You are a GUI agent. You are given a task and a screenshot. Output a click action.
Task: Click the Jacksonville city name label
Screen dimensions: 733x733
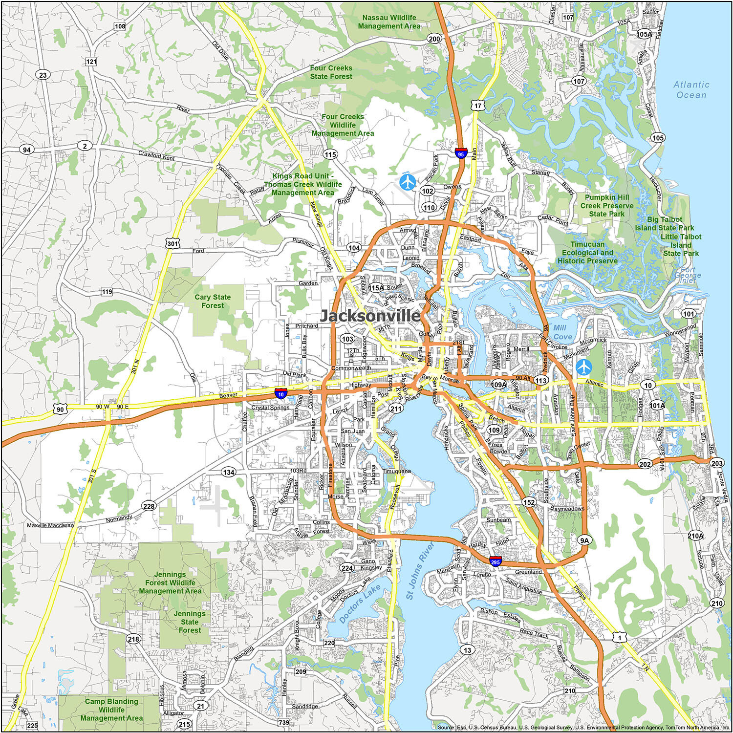tap(370, 316)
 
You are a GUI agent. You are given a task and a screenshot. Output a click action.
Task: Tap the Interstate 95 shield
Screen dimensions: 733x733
tap(460, 153)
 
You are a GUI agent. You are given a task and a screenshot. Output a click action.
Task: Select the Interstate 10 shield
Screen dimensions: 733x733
tap(280, 393)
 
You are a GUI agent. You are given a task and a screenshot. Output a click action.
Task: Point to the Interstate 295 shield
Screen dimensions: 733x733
tap(496, 561)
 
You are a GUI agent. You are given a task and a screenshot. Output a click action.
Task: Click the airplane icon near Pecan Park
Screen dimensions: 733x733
tap(407, 182)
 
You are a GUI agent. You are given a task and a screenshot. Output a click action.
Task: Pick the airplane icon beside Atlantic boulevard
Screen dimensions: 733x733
tap(583, 366)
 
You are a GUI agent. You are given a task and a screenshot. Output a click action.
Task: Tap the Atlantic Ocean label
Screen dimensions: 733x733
tap(691, 90)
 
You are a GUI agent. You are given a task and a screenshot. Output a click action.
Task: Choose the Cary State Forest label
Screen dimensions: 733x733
tap(213, 301)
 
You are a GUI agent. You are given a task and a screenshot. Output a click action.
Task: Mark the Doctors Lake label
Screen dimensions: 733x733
tap(360, 604)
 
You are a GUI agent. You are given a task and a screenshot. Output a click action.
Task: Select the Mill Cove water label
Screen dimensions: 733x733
tap(561, 332)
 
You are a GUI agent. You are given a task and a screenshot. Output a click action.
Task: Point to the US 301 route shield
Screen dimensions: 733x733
tap(172, 243)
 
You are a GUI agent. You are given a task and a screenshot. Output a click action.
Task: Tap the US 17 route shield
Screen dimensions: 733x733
tap(477, 105)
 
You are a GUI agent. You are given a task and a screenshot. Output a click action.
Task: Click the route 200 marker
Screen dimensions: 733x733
tap(434, 39)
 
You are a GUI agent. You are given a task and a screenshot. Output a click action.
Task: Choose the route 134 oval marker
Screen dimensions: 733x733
tap(228, 472)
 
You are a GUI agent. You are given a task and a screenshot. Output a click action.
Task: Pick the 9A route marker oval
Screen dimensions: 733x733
tap(584, 540)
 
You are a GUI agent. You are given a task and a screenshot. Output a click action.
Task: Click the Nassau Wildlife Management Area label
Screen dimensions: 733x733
tap(389, 22)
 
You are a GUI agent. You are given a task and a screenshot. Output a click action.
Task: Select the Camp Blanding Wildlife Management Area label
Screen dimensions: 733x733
tap(111, 710)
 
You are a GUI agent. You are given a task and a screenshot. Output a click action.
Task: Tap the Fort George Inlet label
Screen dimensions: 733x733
tap(688, 275)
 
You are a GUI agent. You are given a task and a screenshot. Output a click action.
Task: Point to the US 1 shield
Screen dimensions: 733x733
tap(619, 637)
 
